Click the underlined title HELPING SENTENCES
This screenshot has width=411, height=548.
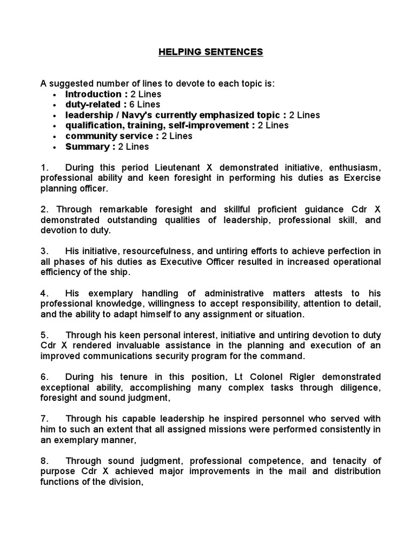pyautogui.click(x=210, y=52)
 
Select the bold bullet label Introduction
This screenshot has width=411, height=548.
pyautogui.click(x=93, y=94)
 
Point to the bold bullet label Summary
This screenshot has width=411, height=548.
pyautogui.click(x=88, y=147)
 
